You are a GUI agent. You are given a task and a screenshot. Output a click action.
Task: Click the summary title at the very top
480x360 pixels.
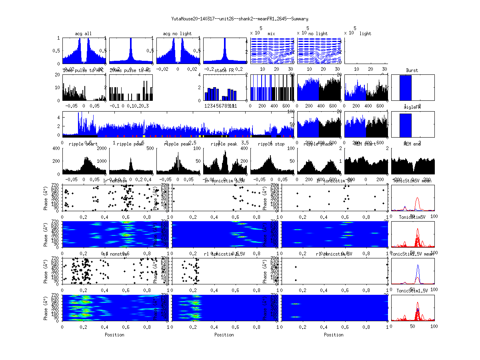point(240,19)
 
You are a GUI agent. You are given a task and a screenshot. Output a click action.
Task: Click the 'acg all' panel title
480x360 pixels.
point(83,34)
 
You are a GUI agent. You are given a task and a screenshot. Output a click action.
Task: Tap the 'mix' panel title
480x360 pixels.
point(272,34)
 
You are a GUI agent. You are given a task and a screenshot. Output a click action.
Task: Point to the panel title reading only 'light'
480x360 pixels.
point(365,34)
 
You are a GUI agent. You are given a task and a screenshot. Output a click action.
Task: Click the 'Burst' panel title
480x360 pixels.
point(412,70)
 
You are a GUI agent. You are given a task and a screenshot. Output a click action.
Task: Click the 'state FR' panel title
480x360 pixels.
point(224,70)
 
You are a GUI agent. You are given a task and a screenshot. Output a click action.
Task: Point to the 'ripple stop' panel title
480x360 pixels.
point(271,144)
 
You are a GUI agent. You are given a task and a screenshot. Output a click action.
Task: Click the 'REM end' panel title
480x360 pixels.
point(412,144)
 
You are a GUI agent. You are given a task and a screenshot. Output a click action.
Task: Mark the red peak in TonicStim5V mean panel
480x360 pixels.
point(418,198)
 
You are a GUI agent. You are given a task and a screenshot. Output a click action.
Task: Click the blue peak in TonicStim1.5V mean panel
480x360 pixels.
point(418,265)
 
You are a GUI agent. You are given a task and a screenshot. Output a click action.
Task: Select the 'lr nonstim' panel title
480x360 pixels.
point(116,181)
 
